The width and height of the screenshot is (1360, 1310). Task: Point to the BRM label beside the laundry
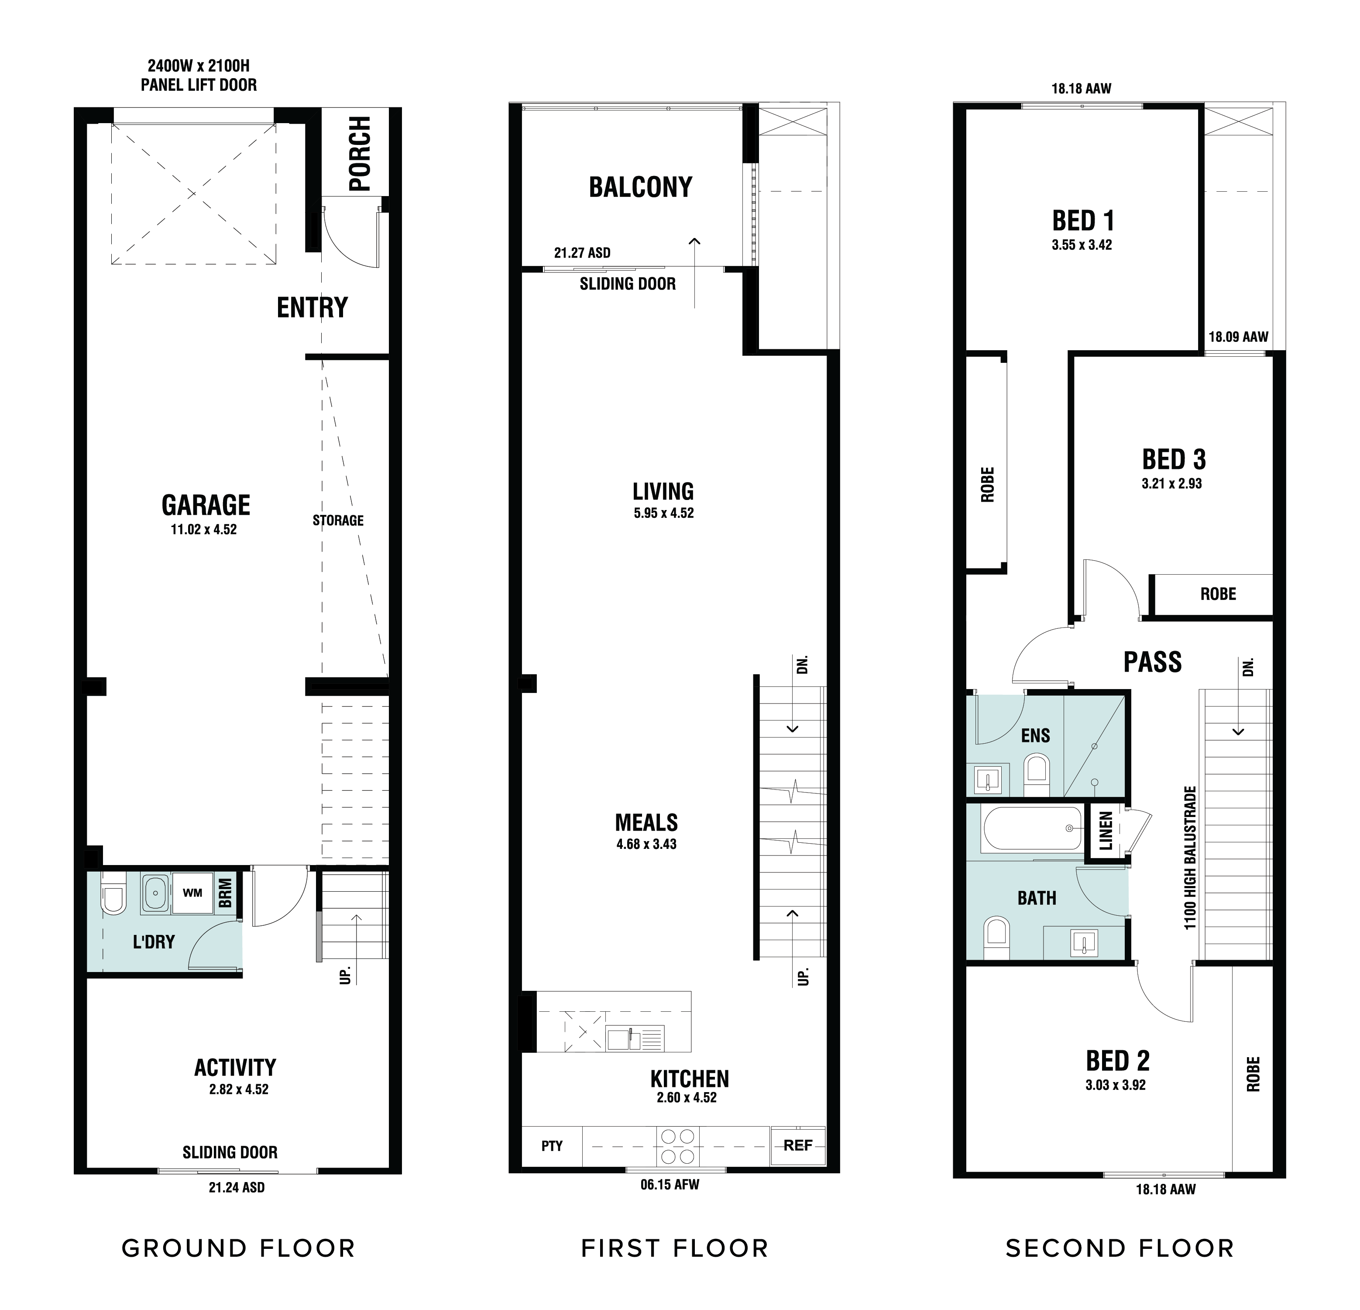tap(226, 893)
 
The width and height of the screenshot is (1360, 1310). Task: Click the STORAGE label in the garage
tap(338, 521)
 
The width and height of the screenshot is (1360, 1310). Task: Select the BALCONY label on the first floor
tap(640, 187)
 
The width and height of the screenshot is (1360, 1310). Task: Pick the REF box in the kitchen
tap(798, 1145)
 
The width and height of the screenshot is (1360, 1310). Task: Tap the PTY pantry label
tap(552, 1146)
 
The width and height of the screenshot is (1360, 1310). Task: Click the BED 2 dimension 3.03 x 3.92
tap(1116, 1085)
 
